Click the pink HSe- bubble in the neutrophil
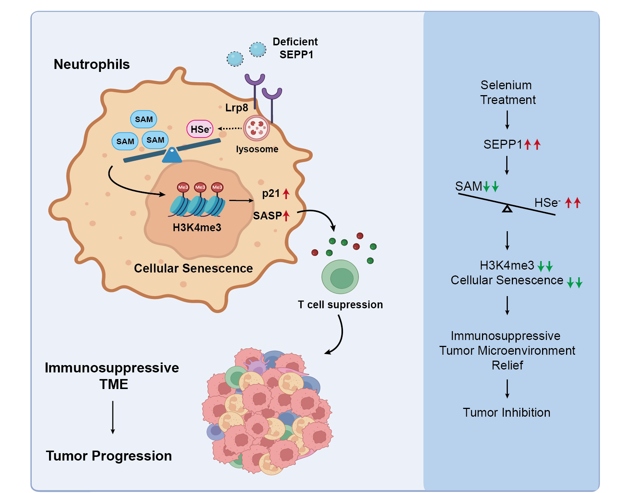pyautogui.click(x=200, y=129)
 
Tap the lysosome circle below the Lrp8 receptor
pyautogui.click(x=257, y=128)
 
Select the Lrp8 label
pyautogui.click(x=236, y=108)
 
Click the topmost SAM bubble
pyautogui.click(x=143, y=119)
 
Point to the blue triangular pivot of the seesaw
pyautogui.click(x=172, y=155)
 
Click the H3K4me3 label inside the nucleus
pyautogui.click(x=197, y=228)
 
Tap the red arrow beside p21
pyautogui.click(x=286, y=193)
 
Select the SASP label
pyautogui.click(x=267, y=215)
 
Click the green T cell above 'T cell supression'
pyautogui.click(x=340, y=277)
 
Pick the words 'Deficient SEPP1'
pyautogui.click(x=295, y=48)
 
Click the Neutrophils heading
pyautogui.click(x=92, y=64)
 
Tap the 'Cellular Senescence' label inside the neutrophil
pyautogui.click(x=193, y=268)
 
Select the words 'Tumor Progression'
pyautogui.click(x=109, y=456)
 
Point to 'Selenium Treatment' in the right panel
pyautogui.click(x=507, y=92)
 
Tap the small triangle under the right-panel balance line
pyautogui.click(x=507, y=209)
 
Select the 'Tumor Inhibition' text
pyautogui.click(x=506, y=412)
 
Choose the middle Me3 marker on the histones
pyautogui.click(x=200, y=187)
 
